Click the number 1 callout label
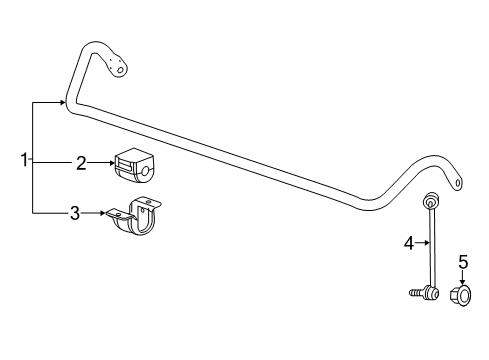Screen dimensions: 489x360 point(25,159)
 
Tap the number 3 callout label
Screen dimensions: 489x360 point(75,213)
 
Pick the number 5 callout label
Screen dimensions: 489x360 point(463,262)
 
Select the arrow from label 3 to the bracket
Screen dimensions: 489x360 point(97,213)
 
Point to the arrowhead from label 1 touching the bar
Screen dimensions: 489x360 point(64,102)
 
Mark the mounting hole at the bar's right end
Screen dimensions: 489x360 point(457,183)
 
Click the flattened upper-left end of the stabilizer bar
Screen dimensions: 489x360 point(117,65)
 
